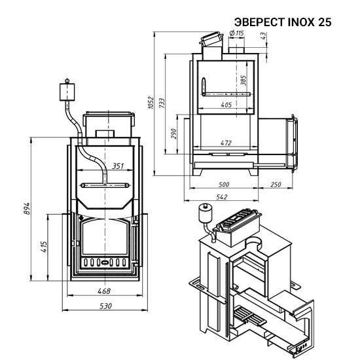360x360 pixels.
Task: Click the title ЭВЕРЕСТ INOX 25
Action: [283, 22]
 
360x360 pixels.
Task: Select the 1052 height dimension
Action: [151, 103]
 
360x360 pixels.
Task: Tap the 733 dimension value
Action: [162, 103]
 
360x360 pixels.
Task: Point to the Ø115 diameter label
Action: [236, 33]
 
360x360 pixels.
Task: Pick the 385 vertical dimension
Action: [243, 81]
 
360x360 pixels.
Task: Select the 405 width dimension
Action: [226, 105]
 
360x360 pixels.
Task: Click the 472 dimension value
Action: [226, 143]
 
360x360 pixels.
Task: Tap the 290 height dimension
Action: [174, 134]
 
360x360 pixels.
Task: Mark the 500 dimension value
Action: [224, 185]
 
